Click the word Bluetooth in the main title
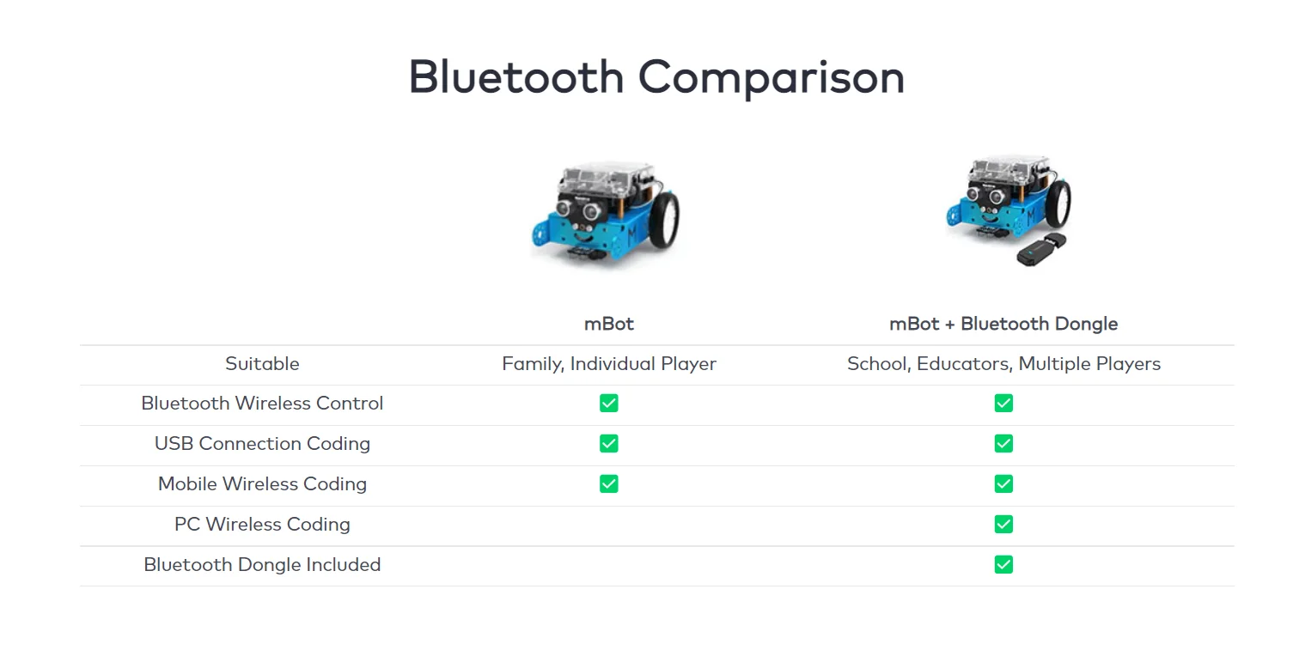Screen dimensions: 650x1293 point(515,77)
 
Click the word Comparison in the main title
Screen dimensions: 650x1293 point(771,77)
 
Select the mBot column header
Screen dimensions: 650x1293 point(608,324)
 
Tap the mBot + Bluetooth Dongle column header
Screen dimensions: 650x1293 point(1003,324)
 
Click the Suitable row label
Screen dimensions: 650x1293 point(262,364)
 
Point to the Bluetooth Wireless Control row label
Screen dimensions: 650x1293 point(262,404)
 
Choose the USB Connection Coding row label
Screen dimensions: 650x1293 point(262,444)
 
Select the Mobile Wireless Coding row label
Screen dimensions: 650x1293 point(262,484)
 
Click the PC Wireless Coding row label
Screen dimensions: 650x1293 point(262,525)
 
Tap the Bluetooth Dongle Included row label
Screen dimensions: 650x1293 point(262,565)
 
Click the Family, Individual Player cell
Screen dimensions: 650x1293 point(608,364)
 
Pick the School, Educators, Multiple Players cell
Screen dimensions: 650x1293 point(1003,364)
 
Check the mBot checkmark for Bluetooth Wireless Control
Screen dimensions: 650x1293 point(608,404)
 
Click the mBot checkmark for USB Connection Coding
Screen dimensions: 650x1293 point(608,444)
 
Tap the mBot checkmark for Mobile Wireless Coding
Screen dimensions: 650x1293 point(608,484)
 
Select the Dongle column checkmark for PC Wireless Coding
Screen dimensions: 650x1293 point(1003,525)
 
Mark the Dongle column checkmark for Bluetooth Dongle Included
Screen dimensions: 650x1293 point(1003,565)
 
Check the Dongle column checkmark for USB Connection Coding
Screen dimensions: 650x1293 point(1003,444)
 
